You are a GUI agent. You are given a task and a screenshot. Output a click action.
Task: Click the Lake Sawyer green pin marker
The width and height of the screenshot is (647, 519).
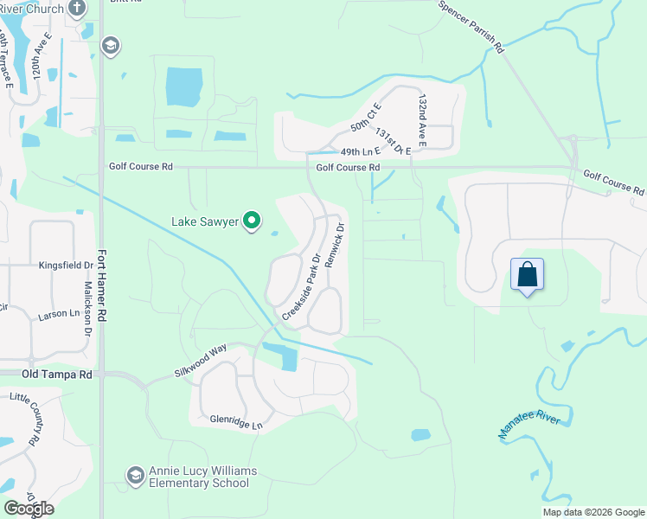(x=253, y=222)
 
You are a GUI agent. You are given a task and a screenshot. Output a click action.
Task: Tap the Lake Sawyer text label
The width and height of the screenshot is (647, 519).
(x=205, y=222)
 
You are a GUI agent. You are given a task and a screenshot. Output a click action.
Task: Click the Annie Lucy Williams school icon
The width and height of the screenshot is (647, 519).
(x=135, y=475)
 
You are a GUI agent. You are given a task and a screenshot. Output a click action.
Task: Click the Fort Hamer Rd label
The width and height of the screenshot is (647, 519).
(x=102, y=285)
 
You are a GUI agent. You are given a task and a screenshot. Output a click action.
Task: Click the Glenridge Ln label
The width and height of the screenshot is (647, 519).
(x=235, y=422)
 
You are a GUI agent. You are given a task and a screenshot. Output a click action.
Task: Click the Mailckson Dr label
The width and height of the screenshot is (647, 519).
(x=87, y=308)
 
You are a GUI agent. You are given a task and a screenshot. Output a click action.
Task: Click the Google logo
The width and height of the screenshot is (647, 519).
(x=29, y=509)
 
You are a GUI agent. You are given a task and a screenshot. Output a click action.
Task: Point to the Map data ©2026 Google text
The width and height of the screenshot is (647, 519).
(x=593, y=512)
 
